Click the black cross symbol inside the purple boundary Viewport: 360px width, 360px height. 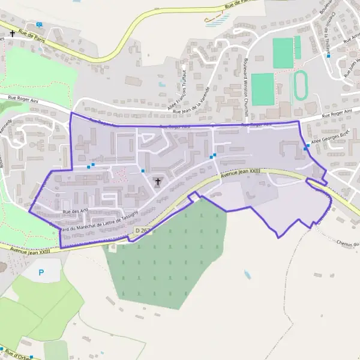pyautogui.click(x=158, y=182)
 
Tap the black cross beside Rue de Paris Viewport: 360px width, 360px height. pyautogui.click(x=11, y=34)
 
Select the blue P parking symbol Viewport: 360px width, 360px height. pyautogui.click(x=41, y=272)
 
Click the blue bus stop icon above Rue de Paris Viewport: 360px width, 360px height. pyautogui.click(x=40, y=25)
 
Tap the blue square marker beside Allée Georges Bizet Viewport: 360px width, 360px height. pyautogui.click(x=307, y=146)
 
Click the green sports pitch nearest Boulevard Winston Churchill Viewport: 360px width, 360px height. pyautogui.click(x=262, y=89)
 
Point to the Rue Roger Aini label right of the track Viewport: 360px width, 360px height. pyautogui.click(x=335, y=115)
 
